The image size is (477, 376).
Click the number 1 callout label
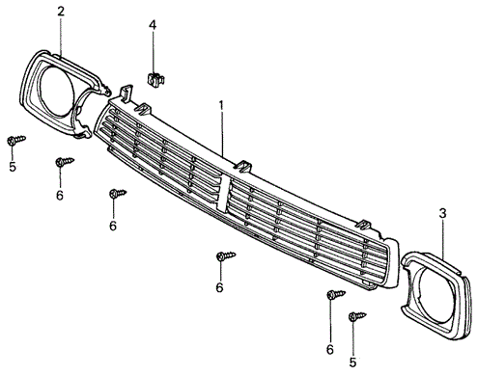click(221, 106)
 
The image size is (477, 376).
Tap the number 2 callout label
click(61, 12)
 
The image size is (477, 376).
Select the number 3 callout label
click(443, 214)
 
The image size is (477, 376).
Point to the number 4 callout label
click(153, 25)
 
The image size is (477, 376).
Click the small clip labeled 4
click(155, 79)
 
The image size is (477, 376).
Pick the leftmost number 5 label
click(13, 167)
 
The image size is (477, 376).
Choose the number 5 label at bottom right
click(352, 363)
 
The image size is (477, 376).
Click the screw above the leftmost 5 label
click(16, 140)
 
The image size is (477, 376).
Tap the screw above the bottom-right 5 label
click(357, 316)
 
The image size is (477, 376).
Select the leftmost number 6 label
click(60, 195)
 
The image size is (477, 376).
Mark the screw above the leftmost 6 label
click(65, 162)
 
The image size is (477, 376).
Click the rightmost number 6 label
click(330, 349)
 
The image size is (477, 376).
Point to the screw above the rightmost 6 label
click(336, 294)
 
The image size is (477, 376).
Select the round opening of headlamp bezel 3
click(436, 294)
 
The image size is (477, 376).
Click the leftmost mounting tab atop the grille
click(126, 93)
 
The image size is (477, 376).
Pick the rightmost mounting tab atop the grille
click(365, 225)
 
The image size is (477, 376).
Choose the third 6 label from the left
click(219, 287)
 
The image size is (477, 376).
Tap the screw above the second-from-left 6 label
click(118, 194)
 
